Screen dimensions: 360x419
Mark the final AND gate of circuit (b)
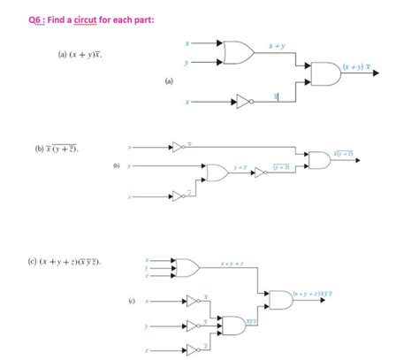318,159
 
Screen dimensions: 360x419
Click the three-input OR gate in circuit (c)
187,267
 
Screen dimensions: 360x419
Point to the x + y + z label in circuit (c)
232,262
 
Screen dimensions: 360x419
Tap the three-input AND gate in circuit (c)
234,326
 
